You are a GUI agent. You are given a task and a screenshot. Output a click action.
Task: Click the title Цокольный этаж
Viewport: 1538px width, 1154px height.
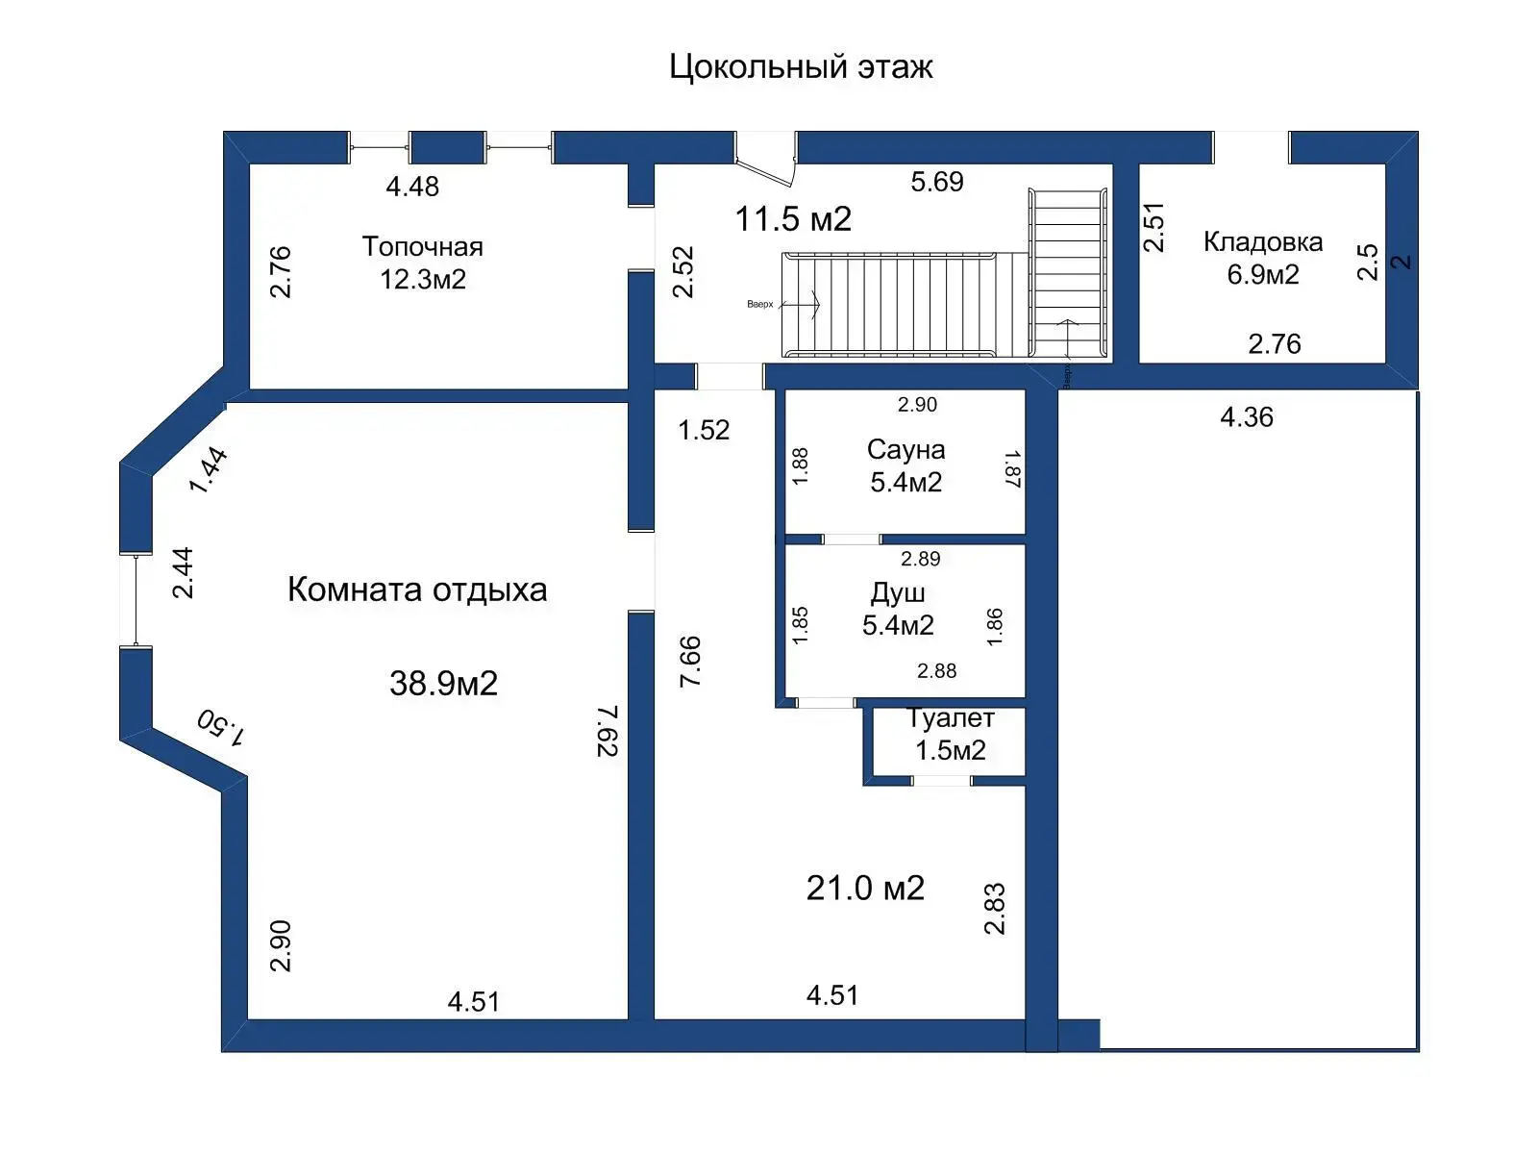[x=801, y=67]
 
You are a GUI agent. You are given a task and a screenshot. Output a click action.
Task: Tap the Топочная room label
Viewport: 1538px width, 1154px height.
[x=422, y=247]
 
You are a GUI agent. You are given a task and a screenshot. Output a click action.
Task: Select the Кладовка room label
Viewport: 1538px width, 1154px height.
[x=1262, y=242]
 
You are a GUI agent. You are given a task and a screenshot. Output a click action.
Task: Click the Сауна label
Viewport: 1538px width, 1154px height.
[x=905, y=450]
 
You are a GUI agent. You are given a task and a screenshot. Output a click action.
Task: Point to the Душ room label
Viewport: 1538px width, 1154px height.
[x=898, y=592]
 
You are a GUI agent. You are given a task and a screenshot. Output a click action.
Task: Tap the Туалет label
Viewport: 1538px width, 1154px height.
[x=950, y=718]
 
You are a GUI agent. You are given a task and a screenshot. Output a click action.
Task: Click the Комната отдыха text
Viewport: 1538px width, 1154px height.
[x=417, y=590]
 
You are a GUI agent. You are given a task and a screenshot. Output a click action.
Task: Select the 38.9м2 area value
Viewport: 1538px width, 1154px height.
[x=443, y=684]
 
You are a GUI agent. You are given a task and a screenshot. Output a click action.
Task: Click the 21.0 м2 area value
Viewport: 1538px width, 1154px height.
[x=865, y=888]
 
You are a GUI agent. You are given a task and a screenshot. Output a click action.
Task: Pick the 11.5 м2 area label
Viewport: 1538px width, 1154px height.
[x=793, y=219]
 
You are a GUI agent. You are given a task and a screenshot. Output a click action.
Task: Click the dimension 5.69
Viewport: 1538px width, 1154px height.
[x=936, y=182]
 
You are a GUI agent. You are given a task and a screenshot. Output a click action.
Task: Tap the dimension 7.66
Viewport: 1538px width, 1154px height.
[x=690, y=661]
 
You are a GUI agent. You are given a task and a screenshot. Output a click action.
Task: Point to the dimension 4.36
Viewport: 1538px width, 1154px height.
[x=1246, y=417]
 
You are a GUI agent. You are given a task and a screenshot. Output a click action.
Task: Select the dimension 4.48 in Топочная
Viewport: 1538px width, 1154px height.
[x=412, y=187]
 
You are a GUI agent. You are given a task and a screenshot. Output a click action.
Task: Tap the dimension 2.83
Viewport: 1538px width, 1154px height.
[x=994, y=909]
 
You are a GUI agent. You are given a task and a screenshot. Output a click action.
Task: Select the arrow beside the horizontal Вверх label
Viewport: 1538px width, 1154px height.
[x=801, y=305]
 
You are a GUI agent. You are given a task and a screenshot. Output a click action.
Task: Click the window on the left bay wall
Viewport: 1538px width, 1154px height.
[x=136, y=600]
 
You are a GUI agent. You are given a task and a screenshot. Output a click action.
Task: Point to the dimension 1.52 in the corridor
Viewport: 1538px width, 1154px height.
[x=704, y=430]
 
